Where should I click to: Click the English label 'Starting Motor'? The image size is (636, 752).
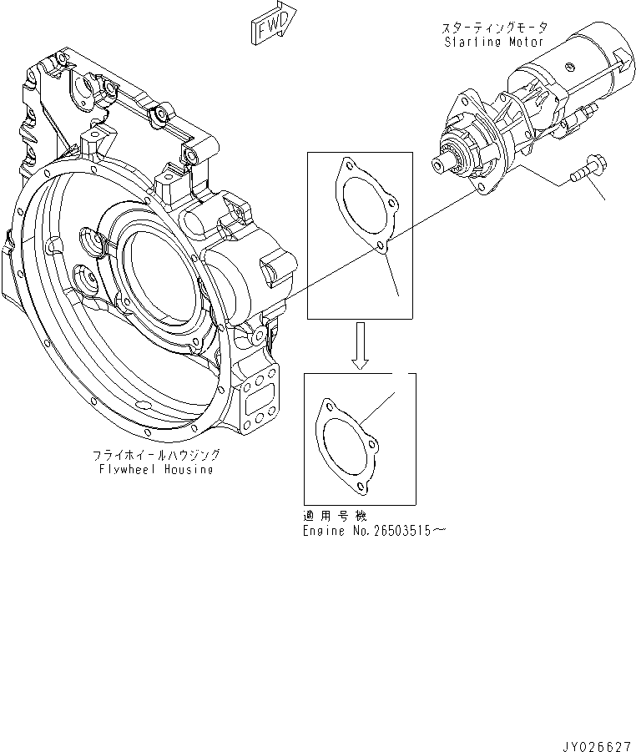pyautogui.click(x=493, y=42)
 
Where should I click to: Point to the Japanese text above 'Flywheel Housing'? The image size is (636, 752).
pyautogui.click(x=156, y=455)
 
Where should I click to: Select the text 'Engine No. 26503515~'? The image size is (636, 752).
pyautogui.click(x=368, y=531)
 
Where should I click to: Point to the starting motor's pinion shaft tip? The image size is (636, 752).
pyautogui.click(x=438, y=165)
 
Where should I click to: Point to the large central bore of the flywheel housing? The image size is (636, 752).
pyautogui.click(x=163, y=271)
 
